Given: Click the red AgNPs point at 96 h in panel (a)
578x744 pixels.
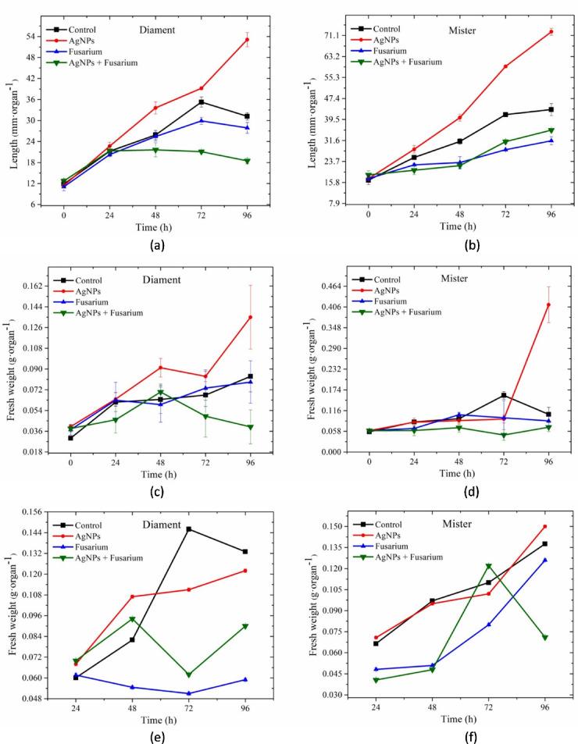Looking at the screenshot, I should pos(247,40).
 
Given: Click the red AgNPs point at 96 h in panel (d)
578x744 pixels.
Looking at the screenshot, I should pos(549,304).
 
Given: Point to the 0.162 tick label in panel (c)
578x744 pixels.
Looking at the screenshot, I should pos(38,286).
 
